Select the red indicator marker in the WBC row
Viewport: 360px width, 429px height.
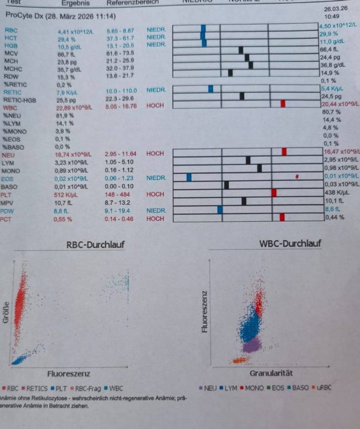coord(283,104)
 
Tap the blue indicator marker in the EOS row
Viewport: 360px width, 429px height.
coord(189,177)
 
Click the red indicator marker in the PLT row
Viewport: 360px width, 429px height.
coord(274,192)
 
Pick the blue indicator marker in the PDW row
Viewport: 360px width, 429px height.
coord(220,210)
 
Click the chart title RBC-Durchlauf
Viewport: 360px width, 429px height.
coord(96,244)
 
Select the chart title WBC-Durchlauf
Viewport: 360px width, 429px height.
coord(290,244)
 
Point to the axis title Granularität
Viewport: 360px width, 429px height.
coord(271,373)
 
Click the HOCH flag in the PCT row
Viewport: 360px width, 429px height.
coord(155,219)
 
